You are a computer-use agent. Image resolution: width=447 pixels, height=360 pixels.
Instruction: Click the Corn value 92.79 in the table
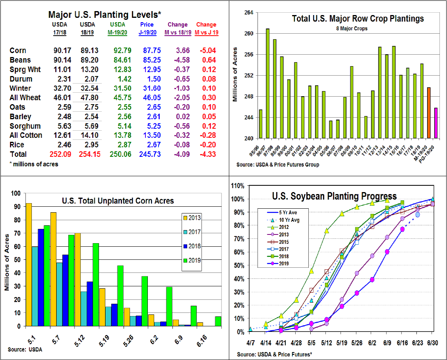pyautogui.click(x=122, y=50)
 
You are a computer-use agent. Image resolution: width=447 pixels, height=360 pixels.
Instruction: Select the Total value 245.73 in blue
pyautogui.click(x=150, y=154)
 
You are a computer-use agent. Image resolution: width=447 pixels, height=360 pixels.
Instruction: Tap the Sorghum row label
pyautogui.click(x=25, y=126)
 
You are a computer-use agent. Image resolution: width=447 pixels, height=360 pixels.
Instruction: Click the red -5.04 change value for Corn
pyautogui.click(x=208, y=50)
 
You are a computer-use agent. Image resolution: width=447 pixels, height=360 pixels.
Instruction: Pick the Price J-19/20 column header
pyautogui.click(x=147, y=29)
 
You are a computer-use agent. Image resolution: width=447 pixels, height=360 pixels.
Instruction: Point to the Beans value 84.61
pyautogui.click(x=122, y=60)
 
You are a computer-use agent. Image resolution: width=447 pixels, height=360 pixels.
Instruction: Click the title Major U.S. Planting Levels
pyautogui.click(x=105, y=15)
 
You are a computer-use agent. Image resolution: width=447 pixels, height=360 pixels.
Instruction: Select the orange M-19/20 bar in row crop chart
pyautogui.click(x=429, y=113)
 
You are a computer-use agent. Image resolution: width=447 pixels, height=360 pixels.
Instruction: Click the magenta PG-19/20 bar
pyautogui.click(x=436, y=123)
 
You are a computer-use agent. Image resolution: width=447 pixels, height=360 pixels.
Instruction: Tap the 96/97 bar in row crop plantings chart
pyautogui.click(x=268, y=84)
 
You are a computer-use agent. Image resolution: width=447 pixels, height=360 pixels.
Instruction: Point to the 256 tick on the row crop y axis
pyautogui.click(x=249, y=54)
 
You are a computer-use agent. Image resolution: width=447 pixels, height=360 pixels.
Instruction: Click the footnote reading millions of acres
pyautogui.click(x=34, y=164)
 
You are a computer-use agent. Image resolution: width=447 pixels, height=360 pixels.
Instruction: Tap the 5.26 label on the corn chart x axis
pyautogui.click(x=128, y=341)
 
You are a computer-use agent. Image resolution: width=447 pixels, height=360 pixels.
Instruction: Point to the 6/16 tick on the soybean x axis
pyautogui.click(x=402, y=343)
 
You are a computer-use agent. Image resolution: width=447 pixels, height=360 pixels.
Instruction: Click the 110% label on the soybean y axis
pyautogui.click(x=237, y=186)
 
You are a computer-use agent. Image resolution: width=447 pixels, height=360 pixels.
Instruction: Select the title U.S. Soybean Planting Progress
pyautogui.click(x=334, y=196)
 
